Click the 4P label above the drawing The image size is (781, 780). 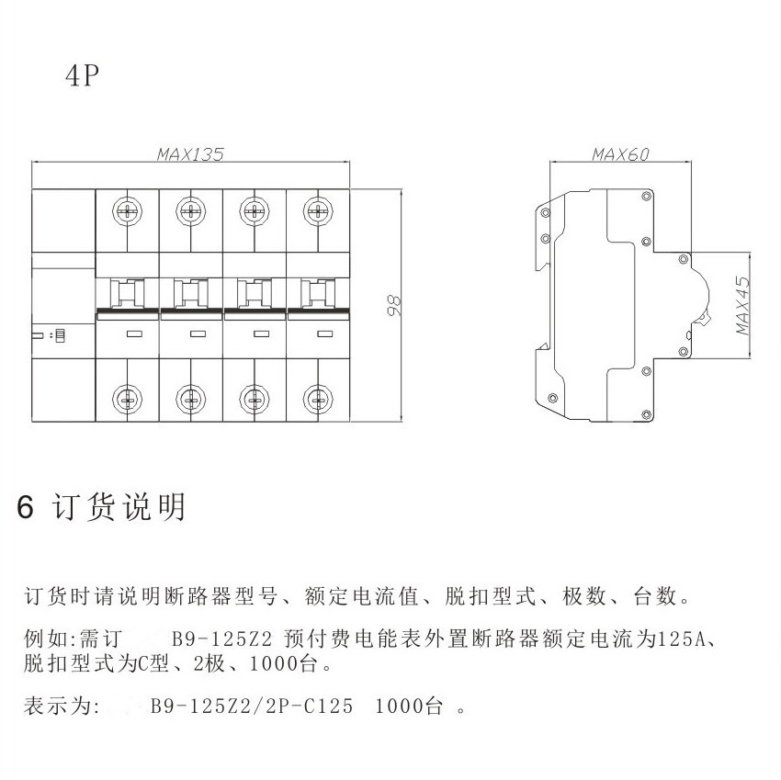point(81,76)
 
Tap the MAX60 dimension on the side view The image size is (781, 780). point(619,154)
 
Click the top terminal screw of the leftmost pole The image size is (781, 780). point(127,211)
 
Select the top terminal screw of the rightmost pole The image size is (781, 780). point(318,211)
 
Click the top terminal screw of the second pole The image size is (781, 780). point(190,211)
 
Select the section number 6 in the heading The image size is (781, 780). point(26,507)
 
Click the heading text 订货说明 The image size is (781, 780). point(119,507)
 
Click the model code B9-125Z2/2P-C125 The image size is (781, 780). point(252,707)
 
